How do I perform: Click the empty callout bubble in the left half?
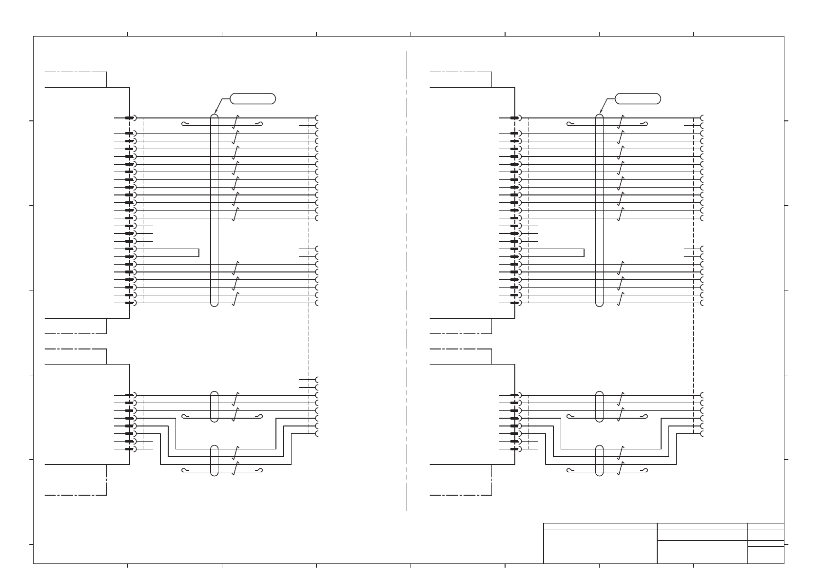[253, 98]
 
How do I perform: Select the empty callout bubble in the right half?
[638, 98]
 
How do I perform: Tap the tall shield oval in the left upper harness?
[214, 210]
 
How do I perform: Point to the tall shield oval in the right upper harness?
[599, 210]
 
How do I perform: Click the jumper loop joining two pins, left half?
[199, 252]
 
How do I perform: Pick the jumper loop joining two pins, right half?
[584, 252]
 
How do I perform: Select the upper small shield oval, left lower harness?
[214, 406]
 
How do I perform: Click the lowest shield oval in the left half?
[214, 460]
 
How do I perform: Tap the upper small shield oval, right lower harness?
[599, 406]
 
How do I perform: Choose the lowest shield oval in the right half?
[599, 460]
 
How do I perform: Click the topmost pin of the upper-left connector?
[130, 118]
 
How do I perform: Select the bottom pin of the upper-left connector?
[130, 303]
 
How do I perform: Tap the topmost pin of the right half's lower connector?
[515, 395]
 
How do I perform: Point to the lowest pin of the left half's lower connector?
[130, 449]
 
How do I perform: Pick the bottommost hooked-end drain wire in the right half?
[607, 470]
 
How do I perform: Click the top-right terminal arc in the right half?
[702, 118]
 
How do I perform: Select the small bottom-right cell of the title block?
[765, 555]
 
